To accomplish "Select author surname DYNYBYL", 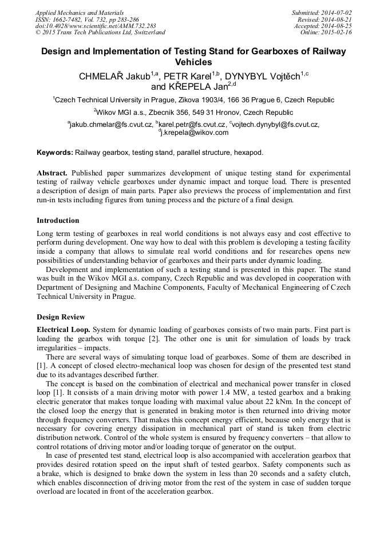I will (251, 76).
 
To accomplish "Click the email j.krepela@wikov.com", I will (195, 133).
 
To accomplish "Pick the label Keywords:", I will (55, 153).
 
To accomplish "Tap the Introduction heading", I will (58, 221).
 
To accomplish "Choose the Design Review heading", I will (61, 317).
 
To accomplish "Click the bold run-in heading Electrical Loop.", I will (64, 330).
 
